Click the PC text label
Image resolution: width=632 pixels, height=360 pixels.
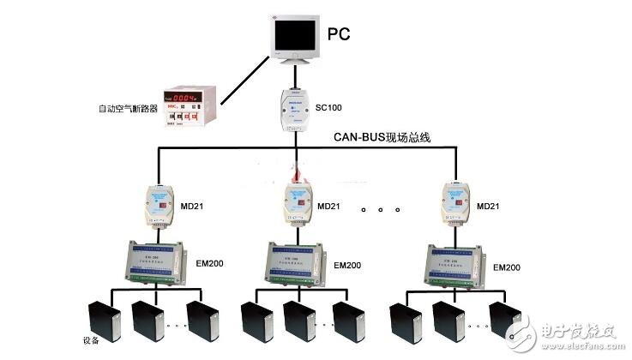click(x=339, y=35)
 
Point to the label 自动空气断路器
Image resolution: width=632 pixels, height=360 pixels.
click(x=128, y=110)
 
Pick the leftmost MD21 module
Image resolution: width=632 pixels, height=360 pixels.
click(x=156, y=205)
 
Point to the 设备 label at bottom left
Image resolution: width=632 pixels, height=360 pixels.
click(x=89, y=340)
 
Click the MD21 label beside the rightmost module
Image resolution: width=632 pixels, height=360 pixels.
click(x=488, y=207)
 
